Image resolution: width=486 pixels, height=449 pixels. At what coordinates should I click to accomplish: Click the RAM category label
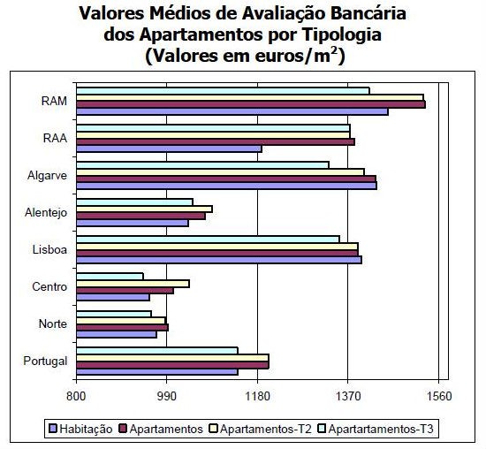point(55,101)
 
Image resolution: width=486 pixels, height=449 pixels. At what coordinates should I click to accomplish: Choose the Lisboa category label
point(50,249)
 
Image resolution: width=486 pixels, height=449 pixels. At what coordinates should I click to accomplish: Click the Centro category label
point(49,286)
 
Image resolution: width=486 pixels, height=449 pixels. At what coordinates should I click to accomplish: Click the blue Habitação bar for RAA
point(168,148)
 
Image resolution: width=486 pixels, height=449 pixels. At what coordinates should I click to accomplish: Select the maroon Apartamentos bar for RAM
point(250,104)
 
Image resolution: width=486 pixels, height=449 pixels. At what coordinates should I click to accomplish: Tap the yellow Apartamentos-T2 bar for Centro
point(133,283)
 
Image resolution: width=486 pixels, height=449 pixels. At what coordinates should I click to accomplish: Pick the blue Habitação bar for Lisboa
point(218,260)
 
